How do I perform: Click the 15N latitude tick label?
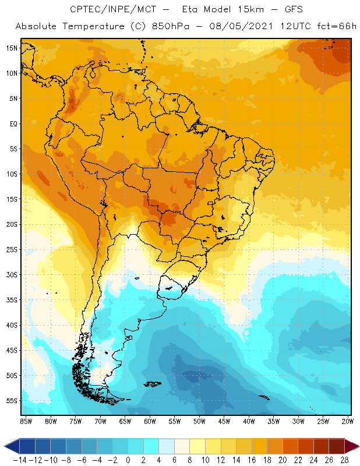(x=12, y=48)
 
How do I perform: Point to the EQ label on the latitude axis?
(x=13, y=124)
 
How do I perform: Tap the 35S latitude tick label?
(x=12, y=300)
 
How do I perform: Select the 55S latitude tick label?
(x=12, y=401)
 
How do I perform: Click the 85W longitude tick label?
(x=26, y=421)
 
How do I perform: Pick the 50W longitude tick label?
(x=199, y=421)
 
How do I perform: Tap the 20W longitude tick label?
(x=347, y=421)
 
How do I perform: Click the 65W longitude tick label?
(x=125, y=421)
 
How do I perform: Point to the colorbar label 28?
(x=344, y=460)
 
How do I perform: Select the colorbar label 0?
(x=128, y=460)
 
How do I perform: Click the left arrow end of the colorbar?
(x=9, y=446)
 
